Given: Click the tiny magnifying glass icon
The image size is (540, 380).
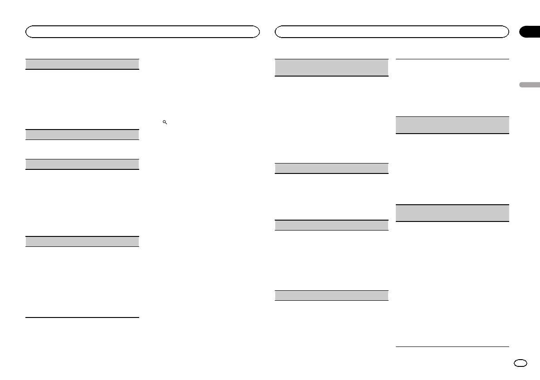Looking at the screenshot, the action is point(165,123).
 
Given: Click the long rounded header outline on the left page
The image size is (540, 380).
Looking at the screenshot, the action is point(142,32).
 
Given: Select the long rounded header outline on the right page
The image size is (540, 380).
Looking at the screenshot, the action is point(392,32).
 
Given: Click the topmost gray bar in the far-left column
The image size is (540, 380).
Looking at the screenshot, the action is point(82,64).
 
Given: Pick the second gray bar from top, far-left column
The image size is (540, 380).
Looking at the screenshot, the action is point(82,135).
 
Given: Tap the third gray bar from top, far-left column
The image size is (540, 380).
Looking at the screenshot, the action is point(82,164).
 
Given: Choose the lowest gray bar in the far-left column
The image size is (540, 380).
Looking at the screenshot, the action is point(82,241).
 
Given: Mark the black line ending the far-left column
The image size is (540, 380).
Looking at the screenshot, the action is point(82,317).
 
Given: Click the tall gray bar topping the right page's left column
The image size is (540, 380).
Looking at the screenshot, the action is point(332,67).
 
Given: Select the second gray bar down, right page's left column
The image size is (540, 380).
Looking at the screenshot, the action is point(332,168).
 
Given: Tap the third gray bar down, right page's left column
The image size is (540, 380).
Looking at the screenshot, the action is point(332,225).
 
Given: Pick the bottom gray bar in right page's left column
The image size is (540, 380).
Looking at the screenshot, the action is point(332,295).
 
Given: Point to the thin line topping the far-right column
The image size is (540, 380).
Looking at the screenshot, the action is point(452,59).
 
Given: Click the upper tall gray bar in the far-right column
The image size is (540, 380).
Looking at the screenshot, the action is point(452,125).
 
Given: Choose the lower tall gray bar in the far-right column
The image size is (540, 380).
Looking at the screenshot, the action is point(452,213).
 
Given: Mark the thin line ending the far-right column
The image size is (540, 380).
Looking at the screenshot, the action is point(452,347).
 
